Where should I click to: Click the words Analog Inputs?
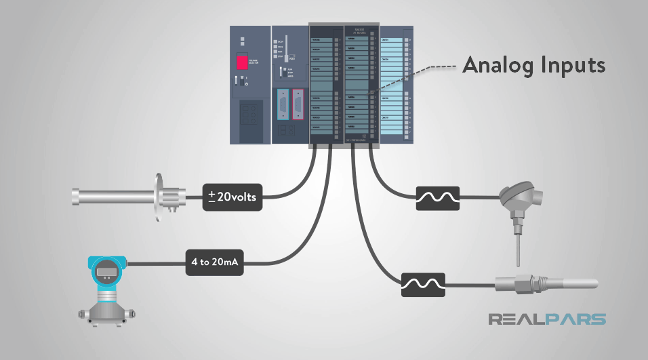pos(533,66)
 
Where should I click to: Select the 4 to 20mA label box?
pos(216,261)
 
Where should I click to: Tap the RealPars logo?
pos(548,319)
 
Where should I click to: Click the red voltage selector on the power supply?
pos(242,62)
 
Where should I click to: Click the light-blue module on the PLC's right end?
pos(395,85)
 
